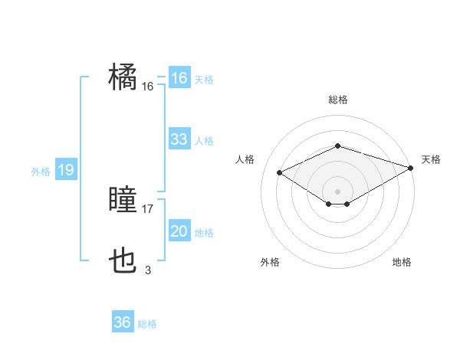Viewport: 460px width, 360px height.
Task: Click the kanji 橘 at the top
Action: pos(123,78)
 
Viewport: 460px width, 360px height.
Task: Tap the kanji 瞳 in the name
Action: pos(123,200)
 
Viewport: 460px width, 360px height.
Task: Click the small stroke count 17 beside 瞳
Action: pos(148,208)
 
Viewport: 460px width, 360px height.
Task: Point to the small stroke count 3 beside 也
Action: pos(148,270)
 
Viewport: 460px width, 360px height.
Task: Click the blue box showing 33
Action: pos(179,139)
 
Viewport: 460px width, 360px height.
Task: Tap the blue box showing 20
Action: pos(179,231)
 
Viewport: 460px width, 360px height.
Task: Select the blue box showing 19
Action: pos(65,170)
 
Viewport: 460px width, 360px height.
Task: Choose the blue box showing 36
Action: pos(122,322)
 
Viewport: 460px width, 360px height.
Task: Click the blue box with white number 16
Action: pos(179,78)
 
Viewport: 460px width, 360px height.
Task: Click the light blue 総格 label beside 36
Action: pos(147,324)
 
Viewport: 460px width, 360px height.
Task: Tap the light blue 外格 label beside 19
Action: pos(41,172)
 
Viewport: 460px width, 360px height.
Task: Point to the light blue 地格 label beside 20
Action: pos(204,233)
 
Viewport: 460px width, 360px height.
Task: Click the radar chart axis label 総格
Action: pos(337,100)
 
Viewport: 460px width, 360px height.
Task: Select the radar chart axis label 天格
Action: pos(431,159)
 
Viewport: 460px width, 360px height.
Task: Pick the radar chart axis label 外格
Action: pos(270,262)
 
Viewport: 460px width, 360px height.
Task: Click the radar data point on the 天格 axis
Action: pos(412,168)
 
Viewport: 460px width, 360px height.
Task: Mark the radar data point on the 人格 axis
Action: pos(280,172)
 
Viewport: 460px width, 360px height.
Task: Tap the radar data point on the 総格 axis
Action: pos(337,146)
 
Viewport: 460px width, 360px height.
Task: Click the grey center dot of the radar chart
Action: pos(337,190)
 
